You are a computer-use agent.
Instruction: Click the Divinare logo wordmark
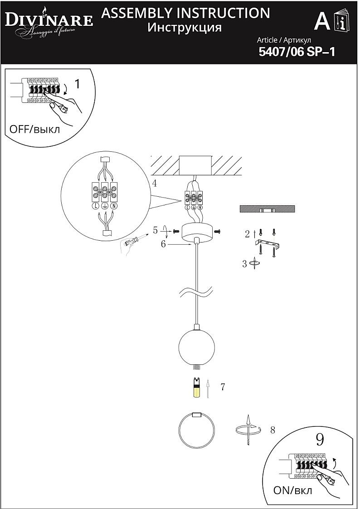click(49, 19)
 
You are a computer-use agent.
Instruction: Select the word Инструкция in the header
click(185, 28)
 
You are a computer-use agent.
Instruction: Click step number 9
click(320, 439)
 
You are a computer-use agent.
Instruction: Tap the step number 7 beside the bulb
click(223, 387)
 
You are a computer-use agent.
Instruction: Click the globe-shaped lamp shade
click(196, 347)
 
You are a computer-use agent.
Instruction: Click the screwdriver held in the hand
click(138, 240)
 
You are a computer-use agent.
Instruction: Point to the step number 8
click(272, 430)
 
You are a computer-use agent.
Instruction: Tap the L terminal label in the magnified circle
click(96, 206)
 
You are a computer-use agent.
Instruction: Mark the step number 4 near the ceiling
click(155, 184)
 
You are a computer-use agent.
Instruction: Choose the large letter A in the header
click(322, 21)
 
